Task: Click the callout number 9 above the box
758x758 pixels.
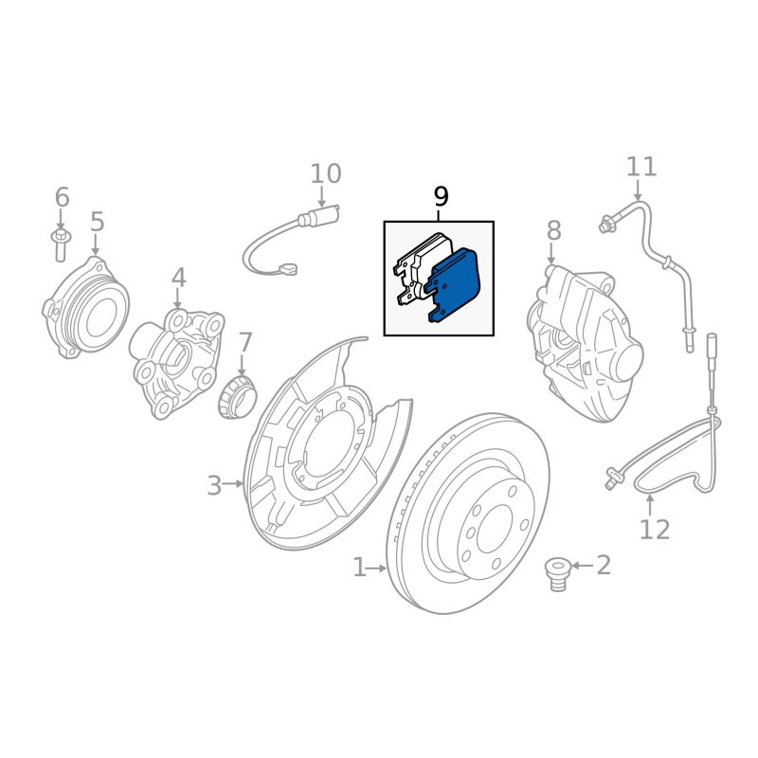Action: point(441,197)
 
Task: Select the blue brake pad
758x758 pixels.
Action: point(456,285)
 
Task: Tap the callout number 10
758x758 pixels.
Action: point(325,174)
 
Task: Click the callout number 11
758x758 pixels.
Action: point(641,168)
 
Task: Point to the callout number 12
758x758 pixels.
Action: point(654,529)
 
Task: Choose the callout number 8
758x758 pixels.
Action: point(553,230)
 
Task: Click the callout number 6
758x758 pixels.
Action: point(62,197)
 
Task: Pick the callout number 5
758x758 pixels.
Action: point(98,222)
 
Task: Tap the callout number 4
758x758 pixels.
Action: point(179,278)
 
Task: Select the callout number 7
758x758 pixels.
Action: point(245,342)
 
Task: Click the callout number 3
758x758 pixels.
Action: point(214,486)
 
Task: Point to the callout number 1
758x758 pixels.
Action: point(359,568)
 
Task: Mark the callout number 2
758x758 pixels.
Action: point(604,566)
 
